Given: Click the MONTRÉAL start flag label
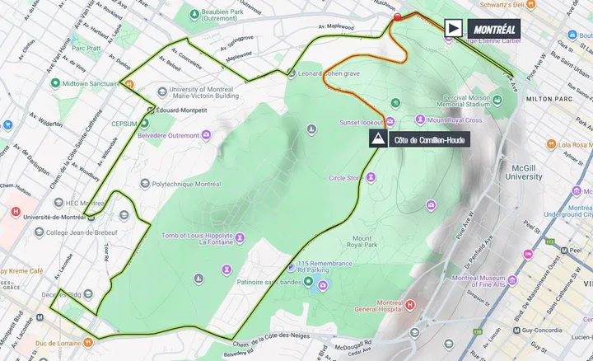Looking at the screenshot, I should [x=492, y=26].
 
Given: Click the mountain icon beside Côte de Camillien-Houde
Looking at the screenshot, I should [x=378, y=139].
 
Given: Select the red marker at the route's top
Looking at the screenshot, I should [x=397, y=17].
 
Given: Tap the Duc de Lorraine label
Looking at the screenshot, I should [x=70, y=341].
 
